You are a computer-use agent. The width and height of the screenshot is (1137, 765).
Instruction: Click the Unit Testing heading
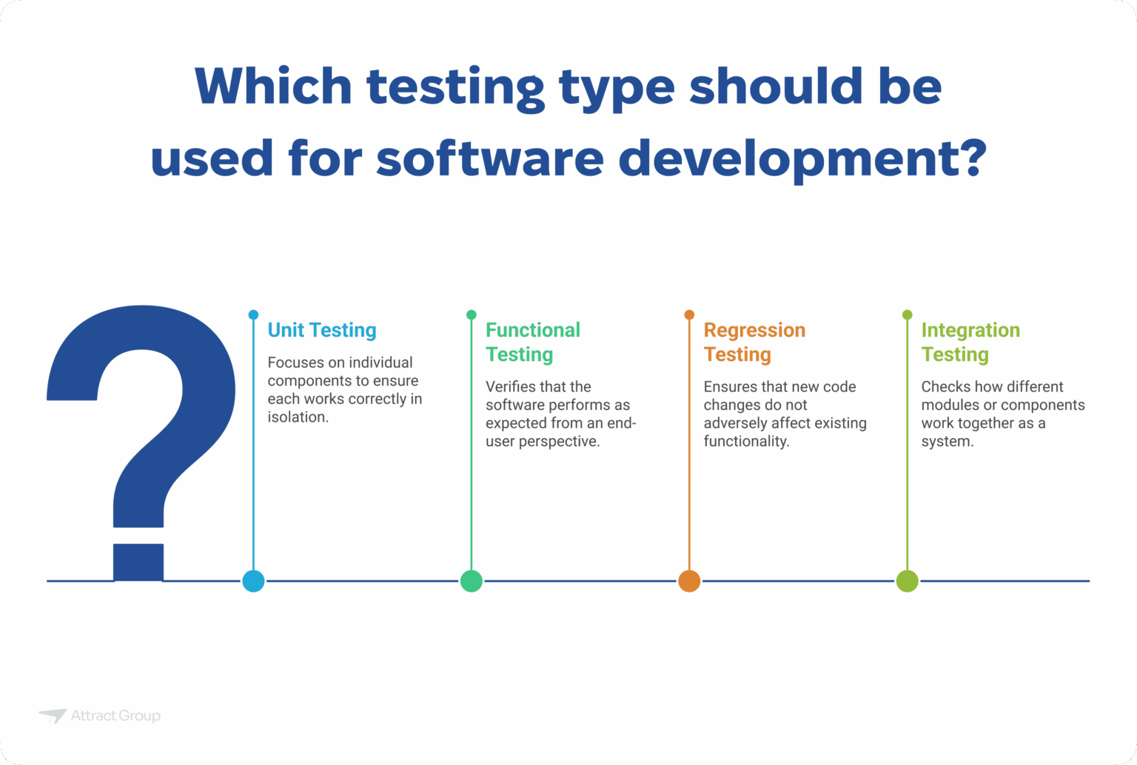pos(322,330)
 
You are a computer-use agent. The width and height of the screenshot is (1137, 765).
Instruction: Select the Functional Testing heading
pos(532,342)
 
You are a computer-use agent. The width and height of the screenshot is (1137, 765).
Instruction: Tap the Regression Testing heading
pos(754,342)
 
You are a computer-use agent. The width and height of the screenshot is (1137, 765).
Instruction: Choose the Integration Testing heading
pos(970,342)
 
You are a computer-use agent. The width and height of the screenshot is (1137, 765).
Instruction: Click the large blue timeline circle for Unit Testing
pos(253,581)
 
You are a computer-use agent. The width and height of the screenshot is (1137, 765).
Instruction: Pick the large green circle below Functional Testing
pos(472,581)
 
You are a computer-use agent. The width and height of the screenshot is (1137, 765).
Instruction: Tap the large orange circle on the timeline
pos(689,581)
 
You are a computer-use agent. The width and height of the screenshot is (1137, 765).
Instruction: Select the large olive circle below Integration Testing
pos(907,581)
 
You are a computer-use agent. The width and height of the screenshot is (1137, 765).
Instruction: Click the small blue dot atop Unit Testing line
pos(253,315)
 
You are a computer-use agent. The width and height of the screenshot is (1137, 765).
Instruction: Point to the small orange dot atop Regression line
pos(689,315)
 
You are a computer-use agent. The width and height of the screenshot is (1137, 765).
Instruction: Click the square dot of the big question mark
pos(138,562)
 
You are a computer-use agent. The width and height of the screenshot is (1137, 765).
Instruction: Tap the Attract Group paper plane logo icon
pos(53,715)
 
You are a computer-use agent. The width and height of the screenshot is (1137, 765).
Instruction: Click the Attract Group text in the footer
pos(115,715)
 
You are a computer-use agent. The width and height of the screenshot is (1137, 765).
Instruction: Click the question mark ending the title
pos(968,157)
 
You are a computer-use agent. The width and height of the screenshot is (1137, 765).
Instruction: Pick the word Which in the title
pos(273,87)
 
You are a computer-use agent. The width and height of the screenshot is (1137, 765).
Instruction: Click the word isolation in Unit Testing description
pos(297,417)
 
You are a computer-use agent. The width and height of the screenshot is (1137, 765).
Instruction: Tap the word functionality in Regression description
pos(745,442)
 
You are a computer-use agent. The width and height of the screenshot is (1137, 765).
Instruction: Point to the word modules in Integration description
pos(950,405)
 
